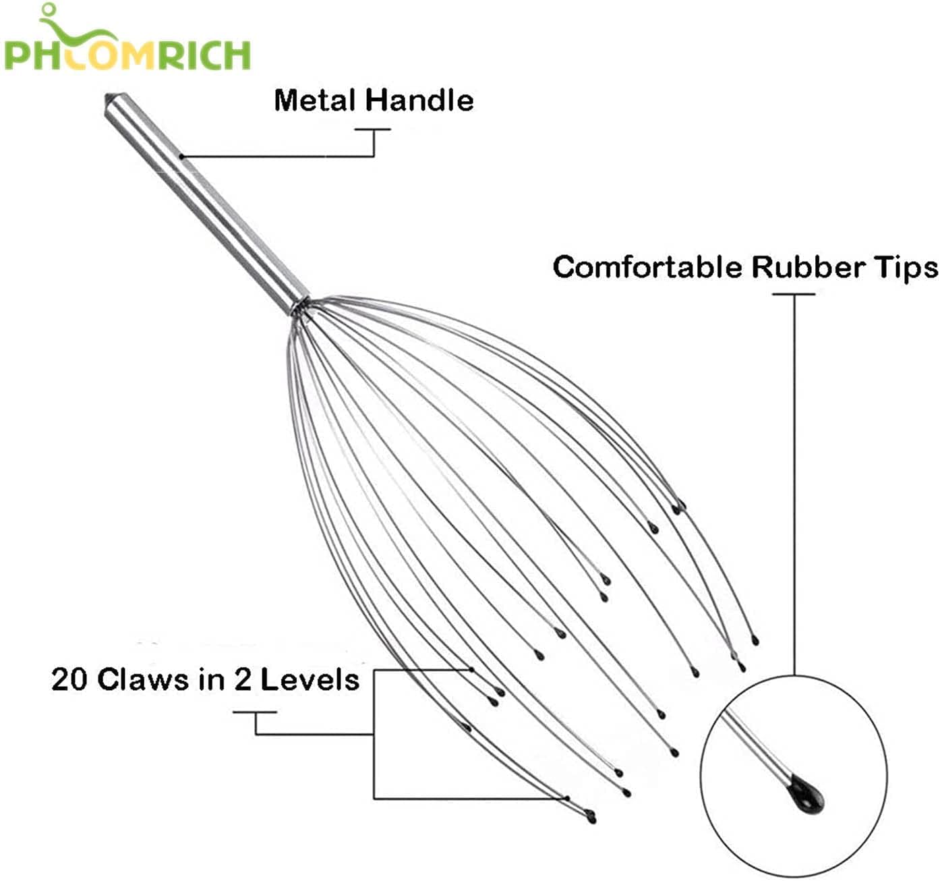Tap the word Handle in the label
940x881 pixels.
[x=419, y=101]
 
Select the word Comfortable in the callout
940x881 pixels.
[x=647, y=267]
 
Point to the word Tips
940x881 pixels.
[x=906, y=268]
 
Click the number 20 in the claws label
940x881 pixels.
[x=69, y=680]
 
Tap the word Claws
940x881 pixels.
[x=144, y=680]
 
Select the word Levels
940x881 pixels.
[x=310, y=680]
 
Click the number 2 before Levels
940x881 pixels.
[x=242, y=680]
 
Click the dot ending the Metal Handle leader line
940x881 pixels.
[x=181, y=156]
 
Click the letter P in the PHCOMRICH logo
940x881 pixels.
[x=17, y=55]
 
